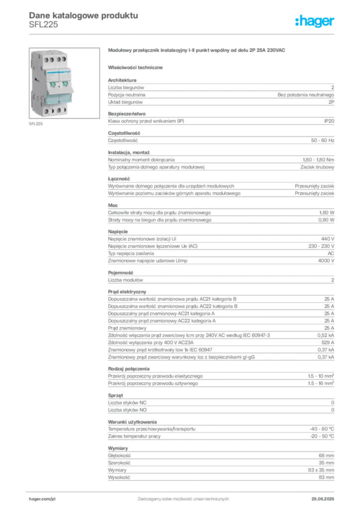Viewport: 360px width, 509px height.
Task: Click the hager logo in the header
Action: pos(315,21)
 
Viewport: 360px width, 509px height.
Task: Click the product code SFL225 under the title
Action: pos(43,25)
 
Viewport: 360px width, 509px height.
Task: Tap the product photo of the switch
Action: pos(64,83)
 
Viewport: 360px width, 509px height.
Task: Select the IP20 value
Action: pos(329,121)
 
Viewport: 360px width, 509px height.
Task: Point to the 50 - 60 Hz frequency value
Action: pos(322,141)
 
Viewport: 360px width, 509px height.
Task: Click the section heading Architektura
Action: pos(122,80)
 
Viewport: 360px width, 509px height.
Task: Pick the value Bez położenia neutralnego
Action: pos(306,95)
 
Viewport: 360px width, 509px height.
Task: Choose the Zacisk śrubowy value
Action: pos(317,167)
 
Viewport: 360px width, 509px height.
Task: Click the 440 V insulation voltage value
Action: pos(328,239)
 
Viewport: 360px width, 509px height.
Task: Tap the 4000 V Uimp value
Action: pos(326,260)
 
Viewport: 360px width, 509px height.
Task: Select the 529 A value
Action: pos(328,342)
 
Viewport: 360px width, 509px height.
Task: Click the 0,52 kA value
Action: pos(326,336)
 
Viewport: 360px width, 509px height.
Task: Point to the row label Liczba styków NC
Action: pos(127,403)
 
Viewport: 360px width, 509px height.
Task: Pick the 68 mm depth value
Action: pos(326,456)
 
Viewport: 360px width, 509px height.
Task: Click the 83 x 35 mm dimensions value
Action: pos(321,470)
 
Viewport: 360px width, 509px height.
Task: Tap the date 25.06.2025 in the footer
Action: pos(323,499)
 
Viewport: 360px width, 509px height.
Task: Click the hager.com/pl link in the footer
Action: pos(42,499)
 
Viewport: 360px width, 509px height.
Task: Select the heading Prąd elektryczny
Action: pos(127,292)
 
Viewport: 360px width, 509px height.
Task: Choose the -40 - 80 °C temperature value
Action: pos(322,429)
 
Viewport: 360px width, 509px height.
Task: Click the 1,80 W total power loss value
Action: pos(327,213)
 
